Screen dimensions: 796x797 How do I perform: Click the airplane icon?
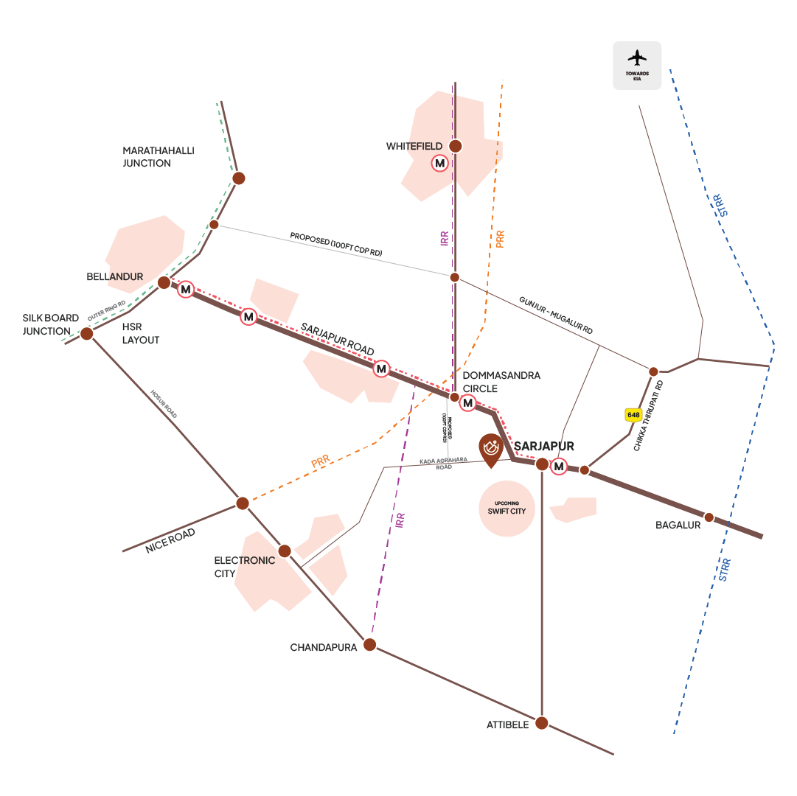pos(636,58)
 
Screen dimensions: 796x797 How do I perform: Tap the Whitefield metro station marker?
pos(440,163)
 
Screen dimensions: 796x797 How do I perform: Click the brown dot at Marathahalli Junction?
pos(238,178)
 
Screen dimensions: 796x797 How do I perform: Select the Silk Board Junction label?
pos(50,324)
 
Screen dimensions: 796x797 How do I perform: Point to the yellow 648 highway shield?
pos(633,415)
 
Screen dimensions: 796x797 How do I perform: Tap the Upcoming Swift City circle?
pos(507,508)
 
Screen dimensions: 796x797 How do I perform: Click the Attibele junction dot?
pos(542,723)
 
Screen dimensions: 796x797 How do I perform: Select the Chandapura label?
pos(324,647)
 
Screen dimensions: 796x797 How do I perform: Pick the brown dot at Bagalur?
pos(709,517)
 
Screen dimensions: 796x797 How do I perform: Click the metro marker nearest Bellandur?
pos(186,290)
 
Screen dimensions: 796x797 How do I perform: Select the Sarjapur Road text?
pos(337,338)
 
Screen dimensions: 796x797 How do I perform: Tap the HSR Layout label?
pos(141,334)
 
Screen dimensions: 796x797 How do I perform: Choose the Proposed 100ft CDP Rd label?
pos(335,244)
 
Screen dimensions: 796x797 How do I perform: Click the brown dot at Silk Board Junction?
pos(87,334)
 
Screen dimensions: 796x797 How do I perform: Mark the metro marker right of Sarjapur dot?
pos(560,466)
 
